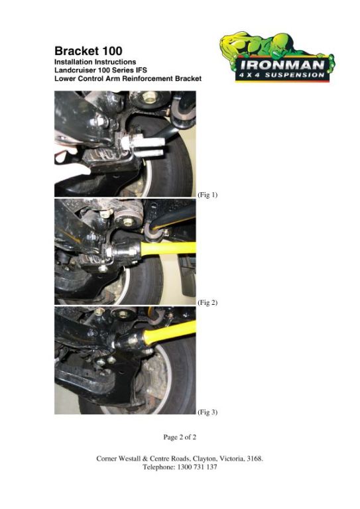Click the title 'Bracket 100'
pyautogui.click(x=88, y=51)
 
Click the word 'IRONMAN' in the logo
pyautogui.click(x=282, y=65)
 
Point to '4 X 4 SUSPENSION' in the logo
pyautogui.click(x=282, y=75)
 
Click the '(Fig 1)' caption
pyautogui.click(x=208, y=195)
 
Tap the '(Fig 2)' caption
pyautogui.click(x=208, y=302)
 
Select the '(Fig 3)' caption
pyautogui.click(x=208, y=412)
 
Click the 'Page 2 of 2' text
pyautogui.click(x=180, y=437)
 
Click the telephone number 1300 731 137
pyautogui.click(x=198, y=467)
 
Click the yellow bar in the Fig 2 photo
pyautogui.click(x=168, y=248)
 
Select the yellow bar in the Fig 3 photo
pyautogui.click(x=170, y=333)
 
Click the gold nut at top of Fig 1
pyautogui.click(x=149, y=96)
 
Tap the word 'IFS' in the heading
pyautogui.click(x=141, y=70)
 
